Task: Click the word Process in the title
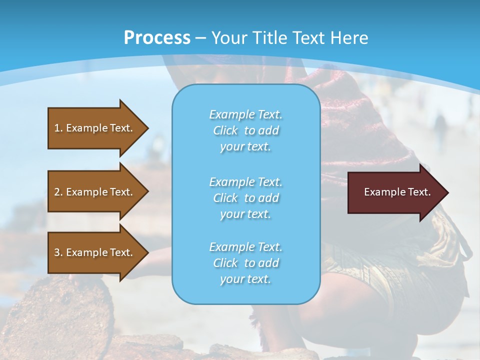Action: (x=157, y=38)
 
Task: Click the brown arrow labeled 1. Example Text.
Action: (x=95, y=128)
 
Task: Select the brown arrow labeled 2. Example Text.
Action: (x=95, y=192)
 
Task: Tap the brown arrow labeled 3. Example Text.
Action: (x=95, y=252)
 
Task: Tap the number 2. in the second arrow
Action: (x=58, y=192)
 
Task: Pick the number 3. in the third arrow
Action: (x=58, y=252)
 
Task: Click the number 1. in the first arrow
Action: (x=58, y=128)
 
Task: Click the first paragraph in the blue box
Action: (x=245, y=130)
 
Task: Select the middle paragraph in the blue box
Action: (x=245, y=198)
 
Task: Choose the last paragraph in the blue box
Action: (x=245, y=263)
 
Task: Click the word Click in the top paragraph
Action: (x=225, y=130)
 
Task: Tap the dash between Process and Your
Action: (x=200, y=38)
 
